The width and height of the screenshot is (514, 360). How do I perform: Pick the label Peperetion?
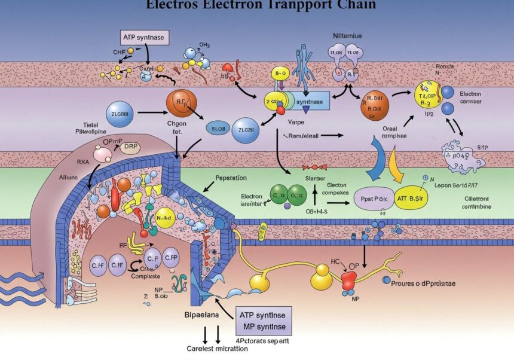coord(230,179)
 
